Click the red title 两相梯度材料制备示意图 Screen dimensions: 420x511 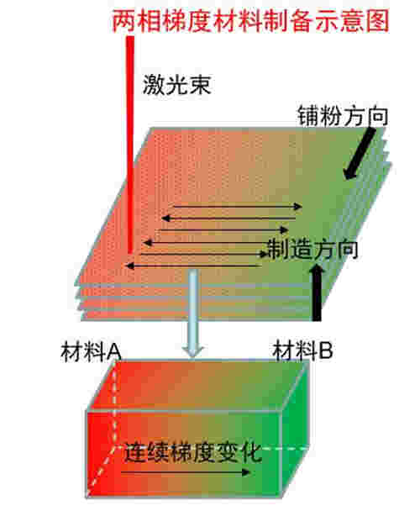pyautogui.click(x=250, y=21)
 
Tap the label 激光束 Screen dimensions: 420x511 pyautogui.click(x=177, y=84)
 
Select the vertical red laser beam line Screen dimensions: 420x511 pyautogui.click(x=130, y=145)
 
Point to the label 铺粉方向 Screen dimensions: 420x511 pyautogui.click(x=343, y=116)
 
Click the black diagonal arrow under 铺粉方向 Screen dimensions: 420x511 pyautogui.click(x=360, y=153)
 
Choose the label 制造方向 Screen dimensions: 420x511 pyautogui.click(x=312, y=250)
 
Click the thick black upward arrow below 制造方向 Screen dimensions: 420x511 pyautogui.click(x=317, y=292)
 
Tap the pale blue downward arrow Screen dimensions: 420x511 pyautogui.click(x=193, y=313)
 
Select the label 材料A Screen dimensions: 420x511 pyautogui.click(x=91, y=351)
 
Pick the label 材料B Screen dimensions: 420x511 pyautogui.click(x=302, y=350)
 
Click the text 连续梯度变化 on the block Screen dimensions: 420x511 pyautogui.click(x=192, y=453)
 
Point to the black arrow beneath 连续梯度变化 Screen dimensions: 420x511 pyautogui.click(x=186, y=472)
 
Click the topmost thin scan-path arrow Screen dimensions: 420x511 pyautogui.click(x=238, y=206)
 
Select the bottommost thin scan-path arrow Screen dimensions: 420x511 pyautogui.click(x=193, y=266)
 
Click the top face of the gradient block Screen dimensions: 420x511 pyautogui.click(x=198, y=385)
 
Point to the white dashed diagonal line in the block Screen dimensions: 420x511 pyautogui.click(x=100, y=471)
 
